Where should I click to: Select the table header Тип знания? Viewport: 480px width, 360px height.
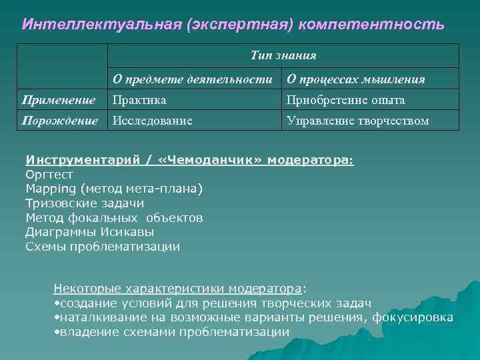pyautogui.click(x=283, y=55)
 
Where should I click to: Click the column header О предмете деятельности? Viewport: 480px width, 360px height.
pyautogui.click(x=193, y=79)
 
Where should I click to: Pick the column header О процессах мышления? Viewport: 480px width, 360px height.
pyautogui.click(x=355, y=79)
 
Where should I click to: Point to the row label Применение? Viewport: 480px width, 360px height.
pyautogui.click(x=59, y=100)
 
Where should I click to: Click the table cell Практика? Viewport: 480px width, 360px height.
pyautogui.click(x=139, y=100)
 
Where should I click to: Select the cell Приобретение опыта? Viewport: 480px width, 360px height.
pyautogui.click(x=345, y=100)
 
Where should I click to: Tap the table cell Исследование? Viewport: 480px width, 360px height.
pyautogui.click(x=153, y=121)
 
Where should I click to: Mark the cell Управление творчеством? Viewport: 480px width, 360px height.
pyautogui.click(x=357, y=121)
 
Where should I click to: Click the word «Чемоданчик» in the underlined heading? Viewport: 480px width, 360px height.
pyautogui.click(x=212, y=161)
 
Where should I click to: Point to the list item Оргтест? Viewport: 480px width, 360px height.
pyautogui.click(x=49, y=175)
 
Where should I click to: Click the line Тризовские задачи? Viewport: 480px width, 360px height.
pyautogui.click(x=85, y=203)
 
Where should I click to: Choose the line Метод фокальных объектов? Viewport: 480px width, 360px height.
pyautogui.click(x=114, y=218)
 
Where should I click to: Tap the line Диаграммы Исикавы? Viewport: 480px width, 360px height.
pyautogui.click(x=89, y=232)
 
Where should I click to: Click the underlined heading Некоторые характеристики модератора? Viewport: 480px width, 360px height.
pyautogui.click(x=177, y=289)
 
